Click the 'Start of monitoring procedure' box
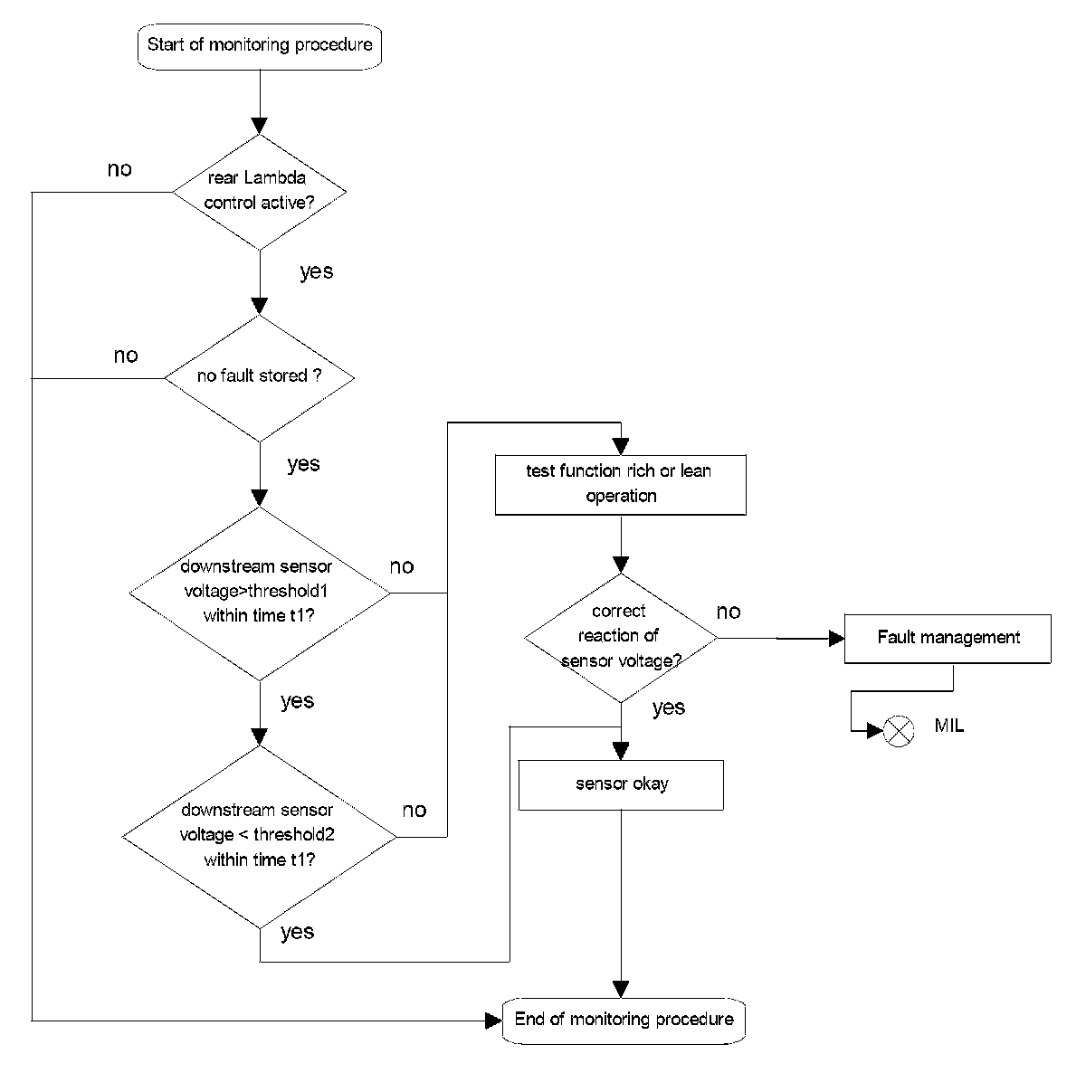pos(260,47)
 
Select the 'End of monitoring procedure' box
pos(624,1021)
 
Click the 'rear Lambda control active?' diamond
pos(259,192)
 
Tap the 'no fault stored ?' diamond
pos(259,377)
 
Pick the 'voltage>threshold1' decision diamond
pos(259,593)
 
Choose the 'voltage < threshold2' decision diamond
pos(259,837)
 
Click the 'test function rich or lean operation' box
pos(621,485)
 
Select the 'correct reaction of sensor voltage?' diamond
pos(621,638)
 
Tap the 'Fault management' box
pos(948,639)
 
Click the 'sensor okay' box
pos(621,785)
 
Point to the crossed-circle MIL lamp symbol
pos(899,731)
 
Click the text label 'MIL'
pos(949,726)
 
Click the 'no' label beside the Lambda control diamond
pos(119,169)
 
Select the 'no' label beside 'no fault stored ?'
pos(126,356)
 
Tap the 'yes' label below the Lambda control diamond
pos(317,271)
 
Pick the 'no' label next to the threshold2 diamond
pos(414,811)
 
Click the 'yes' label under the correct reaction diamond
pos(669,707)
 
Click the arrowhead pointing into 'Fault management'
pos(837,639)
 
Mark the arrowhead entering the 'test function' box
pos(621,447)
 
